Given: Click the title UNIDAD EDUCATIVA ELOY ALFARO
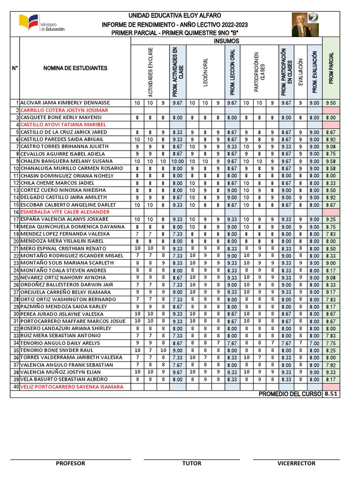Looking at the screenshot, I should coord(175,15).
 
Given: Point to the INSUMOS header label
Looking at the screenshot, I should coord(226,41).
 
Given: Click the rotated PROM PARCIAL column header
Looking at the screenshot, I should coord(331,68).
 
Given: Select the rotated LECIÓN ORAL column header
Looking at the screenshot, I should coord(205,73).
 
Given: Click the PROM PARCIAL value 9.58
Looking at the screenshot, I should coord(330,161).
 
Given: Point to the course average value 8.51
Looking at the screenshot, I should coord(331,394).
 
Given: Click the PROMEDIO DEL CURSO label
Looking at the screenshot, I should coord(290,394).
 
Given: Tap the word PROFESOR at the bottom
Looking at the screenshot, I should coord(70,463).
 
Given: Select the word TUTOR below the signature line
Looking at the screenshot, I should coord(192,463).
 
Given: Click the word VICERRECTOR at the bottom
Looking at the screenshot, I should coord(296,463).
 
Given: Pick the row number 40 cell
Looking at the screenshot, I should coord(15,387).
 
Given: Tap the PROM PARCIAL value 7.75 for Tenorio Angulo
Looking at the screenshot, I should coord(330,343).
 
